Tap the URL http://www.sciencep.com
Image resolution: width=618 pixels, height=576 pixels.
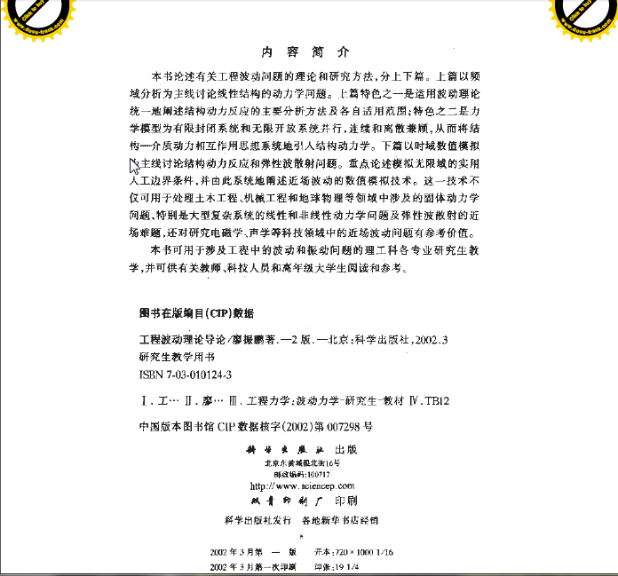[x=302, y=486]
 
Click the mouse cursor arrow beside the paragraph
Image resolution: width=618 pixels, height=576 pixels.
[x=134, y=163]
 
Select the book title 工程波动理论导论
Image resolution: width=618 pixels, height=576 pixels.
[x=178, y=340]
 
